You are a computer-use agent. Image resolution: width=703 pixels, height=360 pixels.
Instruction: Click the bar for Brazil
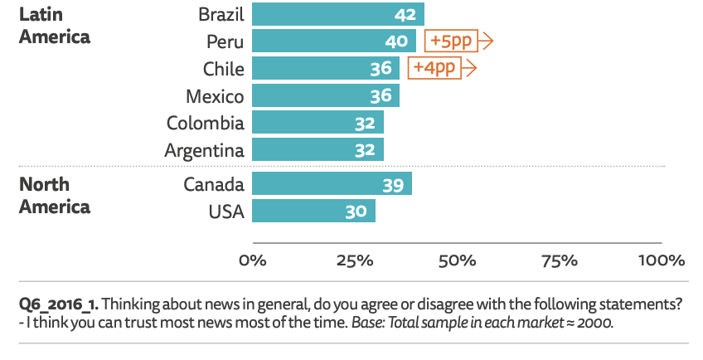click(337, 14)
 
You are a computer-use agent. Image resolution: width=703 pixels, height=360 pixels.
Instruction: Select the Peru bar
click(333, 41)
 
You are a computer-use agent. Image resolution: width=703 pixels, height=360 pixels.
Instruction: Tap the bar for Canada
click(332, 184)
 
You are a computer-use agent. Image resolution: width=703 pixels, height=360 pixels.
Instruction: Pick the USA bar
click(313, 212)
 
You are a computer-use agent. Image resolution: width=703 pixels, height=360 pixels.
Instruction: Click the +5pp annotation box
click(453, 41)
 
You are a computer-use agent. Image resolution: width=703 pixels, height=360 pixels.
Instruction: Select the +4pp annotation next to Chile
click(436, 68)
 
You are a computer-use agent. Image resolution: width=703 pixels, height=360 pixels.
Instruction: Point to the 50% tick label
click(457, 260)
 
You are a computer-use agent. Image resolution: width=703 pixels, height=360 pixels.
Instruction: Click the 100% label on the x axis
click(661, 260)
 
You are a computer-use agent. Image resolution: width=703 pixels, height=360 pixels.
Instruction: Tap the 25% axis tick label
click(354, 260)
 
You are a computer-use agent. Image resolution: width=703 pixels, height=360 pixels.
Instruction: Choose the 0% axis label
click(252, 260)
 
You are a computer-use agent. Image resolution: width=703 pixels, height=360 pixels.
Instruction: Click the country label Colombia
click(206, 124)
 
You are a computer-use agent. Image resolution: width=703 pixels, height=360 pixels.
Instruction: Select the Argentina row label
click(204, 151)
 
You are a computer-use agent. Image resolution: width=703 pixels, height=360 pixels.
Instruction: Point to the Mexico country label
click(215, 96)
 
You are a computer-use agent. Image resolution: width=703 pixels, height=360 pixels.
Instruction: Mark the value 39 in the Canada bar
click(393, 185)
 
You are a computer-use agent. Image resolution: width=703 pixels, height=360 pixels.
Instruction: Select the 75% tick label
click(559, 260)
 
